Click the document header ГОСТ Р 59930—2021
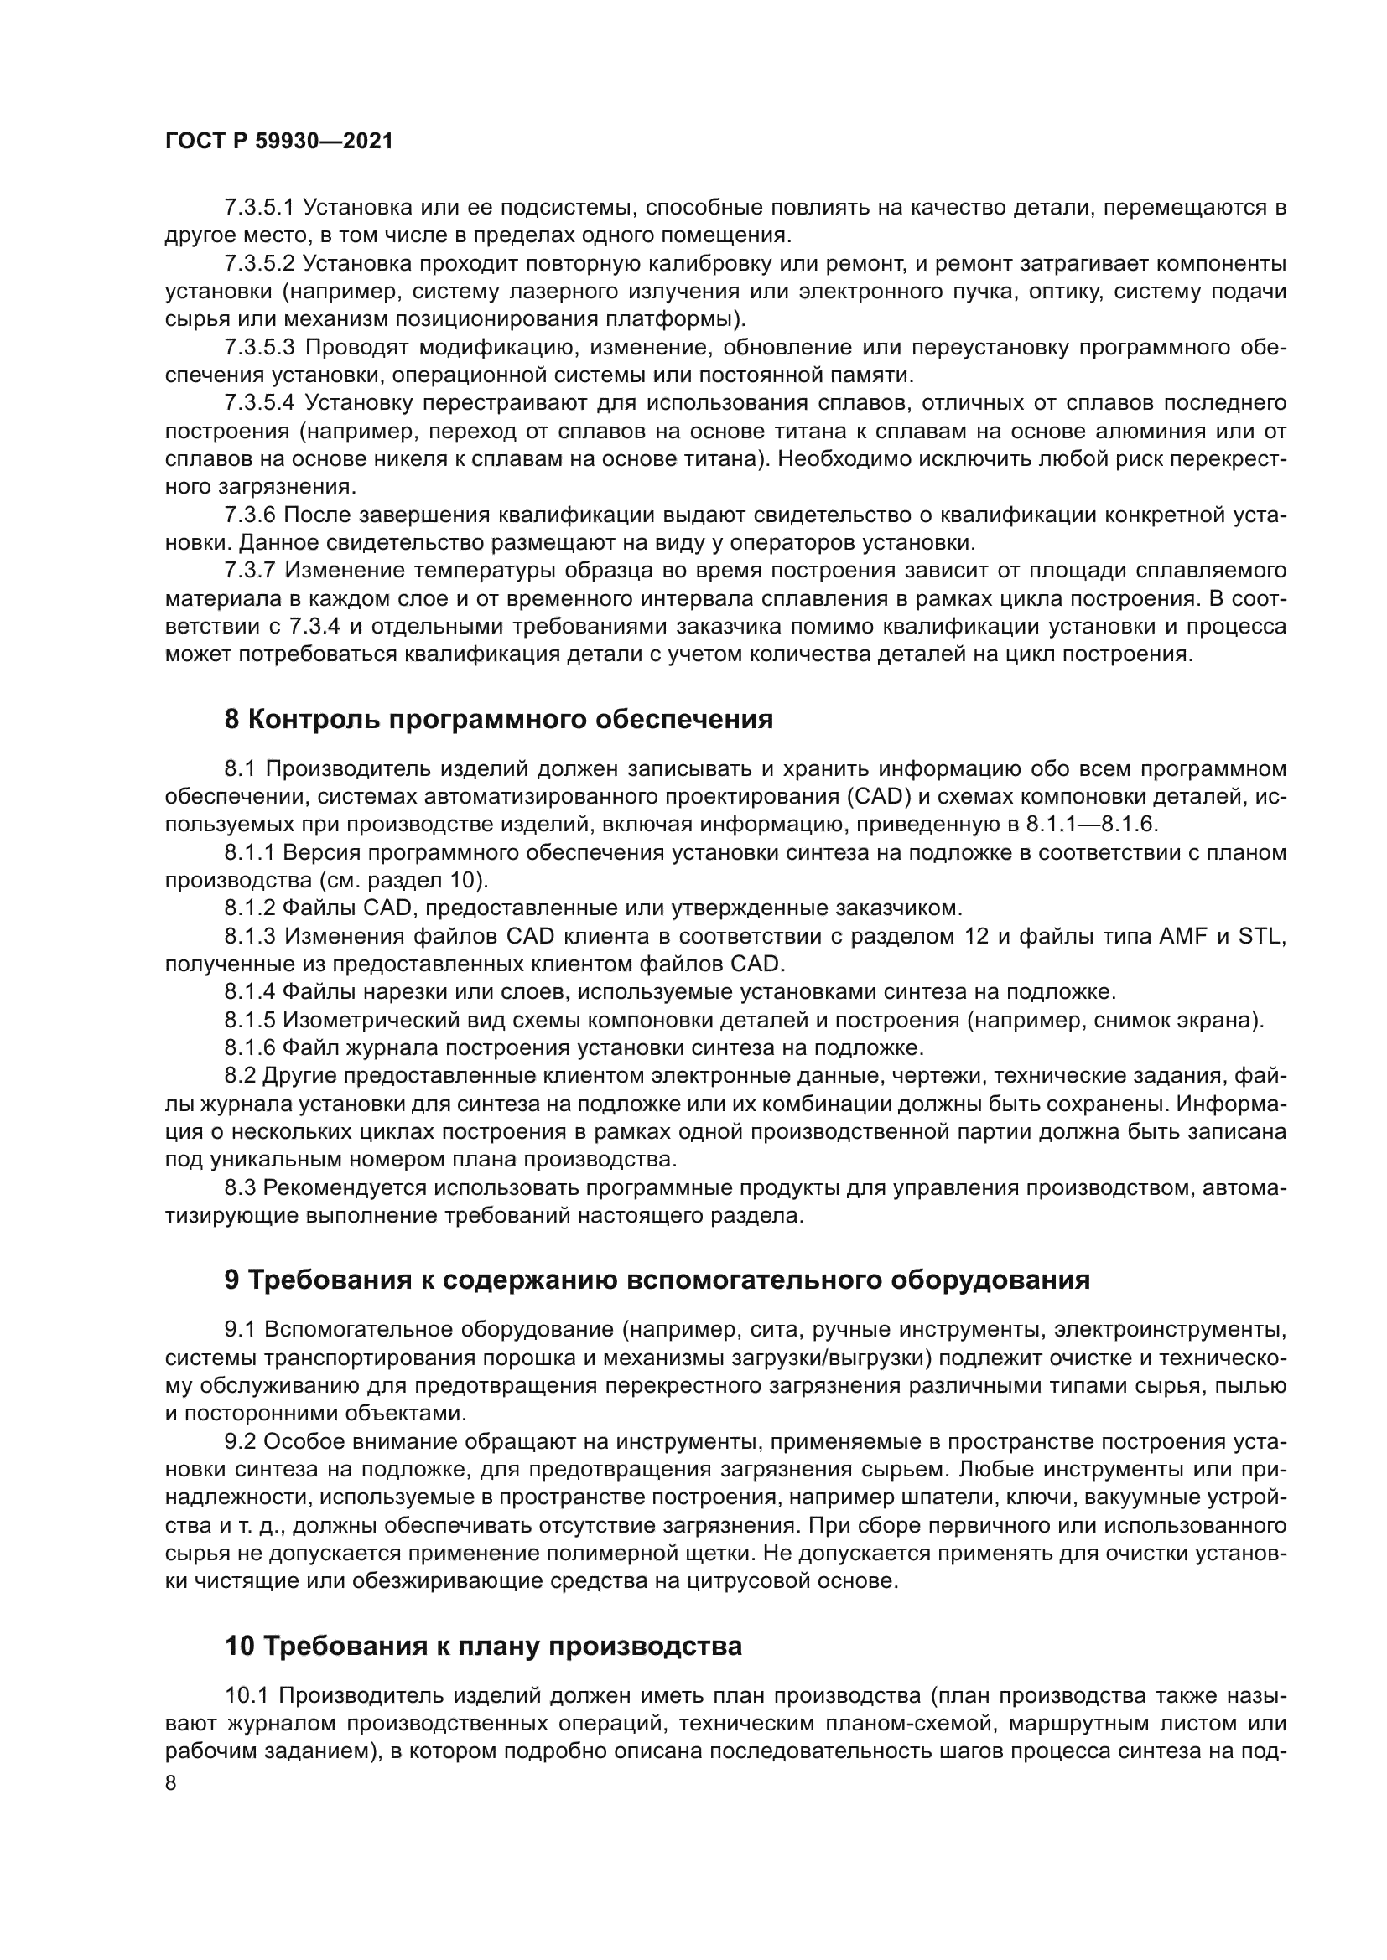point(278,142)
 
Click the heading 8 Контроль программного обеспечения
point(499,720)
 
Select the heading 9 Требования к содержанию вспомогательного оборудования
point(657,1280)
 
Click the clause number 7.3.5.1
point(259,208)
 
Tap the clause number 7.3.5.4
point(259,403)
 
